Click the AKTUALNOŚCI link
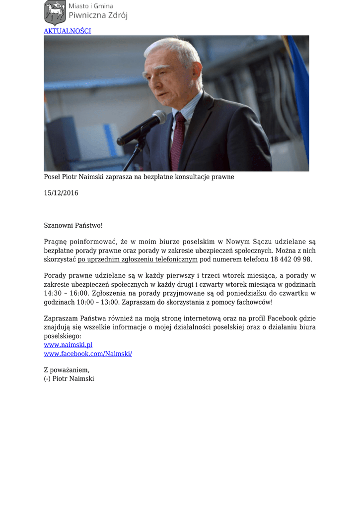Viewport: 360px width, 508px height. click(67, 31)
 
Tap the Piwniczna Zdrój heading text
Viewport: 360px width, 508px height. click(98, 15)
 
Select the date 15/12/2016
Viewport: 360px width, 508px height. click(61, 193)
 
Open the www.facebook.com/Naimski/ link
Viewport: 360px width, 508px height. click(88, 354)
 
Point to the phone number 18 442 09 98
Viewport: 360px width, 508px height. click(291, 259)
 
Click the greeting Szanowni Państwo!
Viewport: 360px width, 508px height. click(73, 225)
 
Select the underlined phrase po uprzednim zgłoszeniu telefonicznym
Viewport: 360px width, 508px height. click(138, 259)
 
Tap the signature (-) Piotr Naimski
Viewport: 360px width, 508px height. click(69, 379)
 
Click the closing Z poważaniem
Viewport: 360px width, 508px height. click(67, 370)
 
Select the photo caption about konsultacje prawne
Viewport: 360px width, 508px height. click(139, 177)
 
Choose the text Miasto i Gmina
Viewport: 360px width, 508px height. click(91, 6)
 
